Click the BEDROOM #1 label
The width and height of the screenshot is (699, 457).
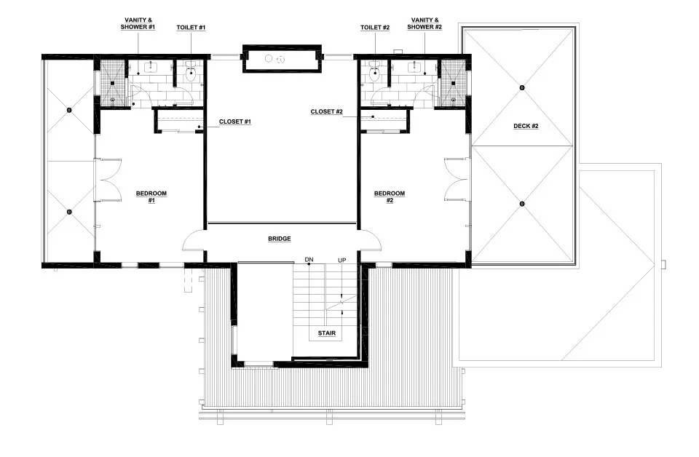(151, 196)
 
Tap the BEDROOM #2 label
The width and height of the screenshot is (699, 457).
(389, 196)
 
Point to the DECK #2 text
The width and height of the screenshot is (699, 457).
(524, 126)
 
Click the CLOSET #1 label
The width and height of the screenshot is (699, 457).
(235, 122)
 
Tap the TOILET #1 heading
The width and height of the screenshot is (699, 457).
(191, 27)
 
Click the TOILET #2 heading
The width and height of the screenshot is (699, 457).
(375, 27)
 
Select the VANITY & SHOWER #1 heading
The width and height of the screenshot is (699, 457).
(138, 23)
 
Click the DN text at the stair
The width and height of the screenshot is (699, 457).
(309, 260)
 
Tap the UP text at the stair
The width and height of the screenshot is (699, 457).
(341, 260)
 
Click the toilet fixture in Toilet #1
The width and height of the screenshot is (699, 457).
(191, 71)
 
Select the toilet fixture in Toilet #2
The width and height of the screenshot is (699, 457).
(374, 71)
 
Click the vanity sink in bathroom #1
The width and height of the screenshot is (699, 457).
(150, 68)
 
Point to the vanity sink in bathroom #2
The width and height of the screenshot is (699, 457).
(415, 68)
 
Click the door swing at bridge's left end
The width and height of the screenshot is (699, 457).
(194, 238)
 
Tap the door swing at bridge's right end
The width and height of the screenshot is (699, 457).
(369, 238)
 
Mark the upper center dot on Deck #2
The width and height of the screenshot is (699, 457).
(522, 88)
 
